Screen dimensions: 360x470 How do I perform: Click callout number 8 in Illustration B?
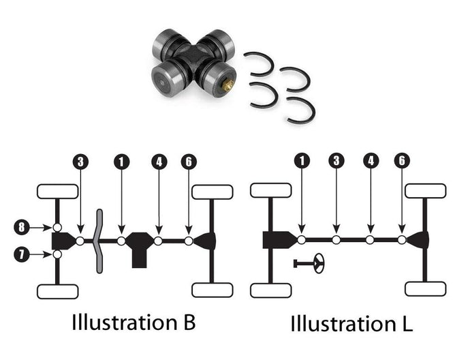tap(22, 226)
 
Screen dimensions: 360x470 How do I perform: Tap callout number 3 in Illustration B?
tap(81, 162)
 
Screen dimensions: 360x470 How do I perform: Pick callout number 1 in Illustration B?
tap(121, 162)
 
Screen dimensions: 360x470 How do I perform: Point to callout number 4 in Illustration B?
tap(159, 162)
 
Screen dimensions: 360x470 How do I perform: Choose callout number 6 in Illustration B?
tap(188, 162)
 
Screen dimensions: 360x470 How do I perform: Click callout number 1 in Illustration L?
tap(302, 162)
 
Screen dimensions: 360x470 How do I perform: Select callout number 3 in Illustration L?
tap(336, 162)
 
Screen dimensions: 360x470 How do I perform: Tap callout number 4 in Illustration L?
tap(370, 162)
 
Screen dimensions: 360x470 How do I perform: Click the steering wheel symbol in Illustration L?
tap(317, 262)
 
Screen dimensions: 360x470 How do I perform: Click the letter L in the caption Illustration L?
tap(407, 322)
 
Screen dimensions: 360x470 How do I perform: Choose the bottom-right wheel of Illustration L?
tap(426, 288)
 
